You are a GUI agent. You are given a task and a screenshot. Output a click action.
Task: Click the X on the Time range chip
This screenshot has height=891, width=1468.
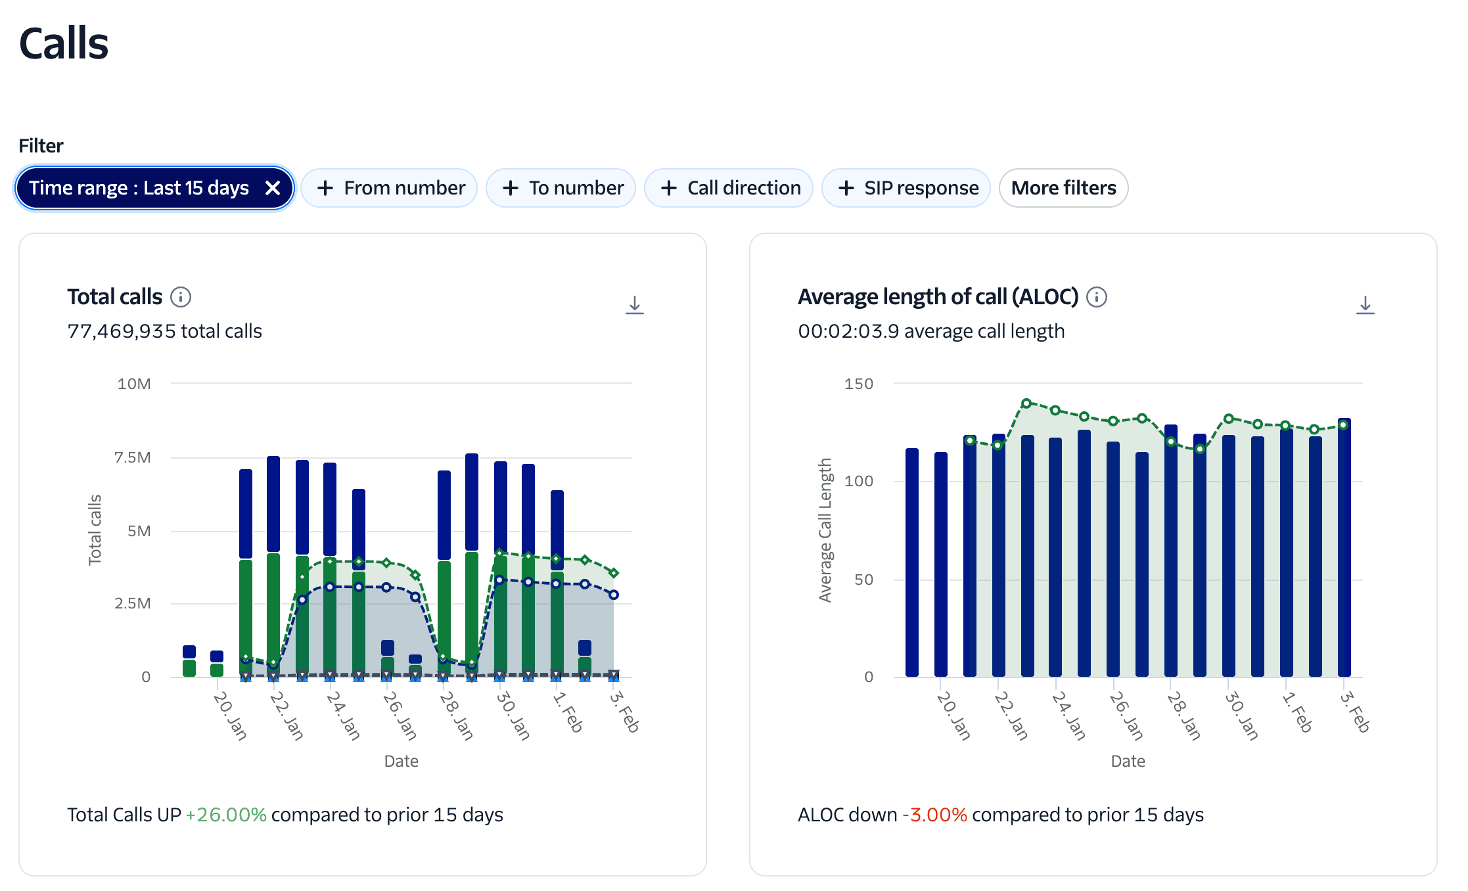click(x=273, y=188)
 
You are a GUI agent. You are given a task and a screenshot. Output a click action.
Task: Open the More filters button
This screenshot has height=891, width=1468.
click(x=1063, y=188)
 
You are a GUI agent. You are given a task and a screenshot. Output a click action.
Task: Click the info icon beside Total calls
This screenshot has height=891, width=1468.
click(x=181, y=297)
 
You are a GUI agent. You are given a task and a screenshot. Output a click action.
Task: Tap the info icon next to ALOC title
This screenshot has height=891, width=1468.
click(x=1096, y=297)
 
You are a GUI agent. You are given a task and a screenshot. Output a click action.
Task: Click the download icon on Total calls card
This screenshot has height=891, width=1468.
click(x=634, y=305)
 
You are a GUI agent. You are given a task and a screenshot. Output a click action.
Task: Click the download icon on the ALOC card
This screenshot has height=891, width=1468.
click(x=1365, y=305)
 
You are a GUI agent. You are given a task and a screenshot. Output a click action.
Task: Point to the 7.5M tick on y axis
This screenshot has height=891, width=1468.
click(x=132, y=457)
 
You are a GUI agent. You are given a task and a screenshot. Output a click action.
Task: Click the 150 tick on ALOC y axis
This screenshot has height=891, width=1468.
click(x=858, y=384)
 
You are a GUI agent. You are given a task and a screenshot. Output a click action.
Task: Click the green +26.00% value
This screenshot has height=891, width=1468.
click(x=225, y=815)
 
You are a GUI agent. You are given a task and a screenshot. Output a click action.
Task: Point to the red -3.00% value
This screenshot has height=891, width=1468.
click(x=934, y=815)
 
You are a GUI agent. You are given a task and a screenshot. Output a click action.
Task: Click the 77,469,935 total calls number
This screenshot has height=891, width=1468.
click(x=122, y=331)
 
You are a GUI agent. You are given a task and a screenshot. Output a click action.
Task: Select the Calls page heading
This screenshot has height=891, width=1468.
click(x=64, y=43)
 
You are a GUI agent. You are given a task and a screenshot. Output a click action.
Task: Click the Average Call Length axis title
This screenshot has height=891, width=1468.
click(x=825, y=530)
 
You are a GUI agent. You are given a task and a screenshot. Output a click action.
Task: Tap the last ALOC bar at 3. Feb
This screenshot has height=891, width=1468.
click(x=1344, y=552)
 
